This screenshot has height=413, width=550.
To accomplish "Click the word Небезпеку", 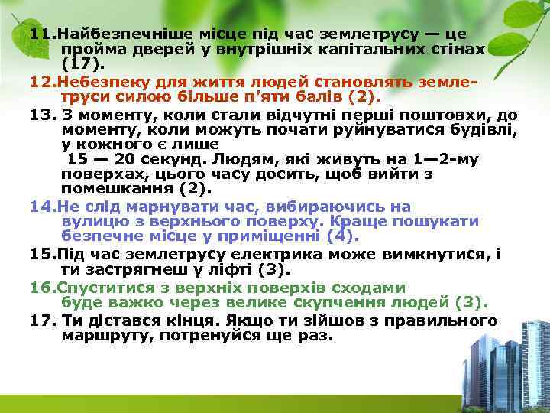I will click(94, 81).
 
